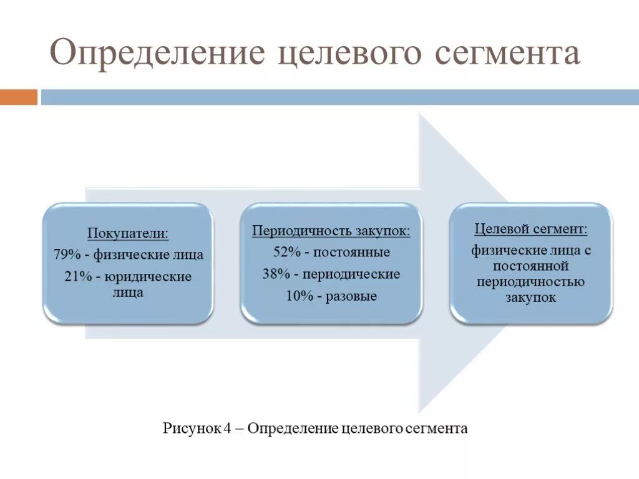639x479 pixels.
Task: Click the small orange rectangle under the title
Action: coord(18,97)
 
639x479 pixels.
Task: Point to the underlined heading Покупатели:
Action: coord(128,234)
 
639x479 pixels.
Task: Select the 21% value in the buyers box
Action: coord(76,276)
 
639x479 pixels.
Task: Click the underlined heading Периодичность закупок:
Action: coord(331,231)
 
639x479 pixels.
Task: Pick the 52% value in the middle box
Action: coord(286,253)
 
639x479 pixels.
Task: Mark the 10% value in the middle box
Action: coord(299,296)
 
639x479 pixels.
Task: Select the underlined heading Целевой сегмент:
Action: coord(530,229)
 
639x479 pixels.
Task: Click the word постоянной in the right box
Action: coord(530,266)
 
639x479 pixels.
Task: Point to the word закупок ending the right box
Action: coord(530,298)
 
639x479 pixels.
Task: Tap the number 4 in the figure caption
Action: coord(228,428)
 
